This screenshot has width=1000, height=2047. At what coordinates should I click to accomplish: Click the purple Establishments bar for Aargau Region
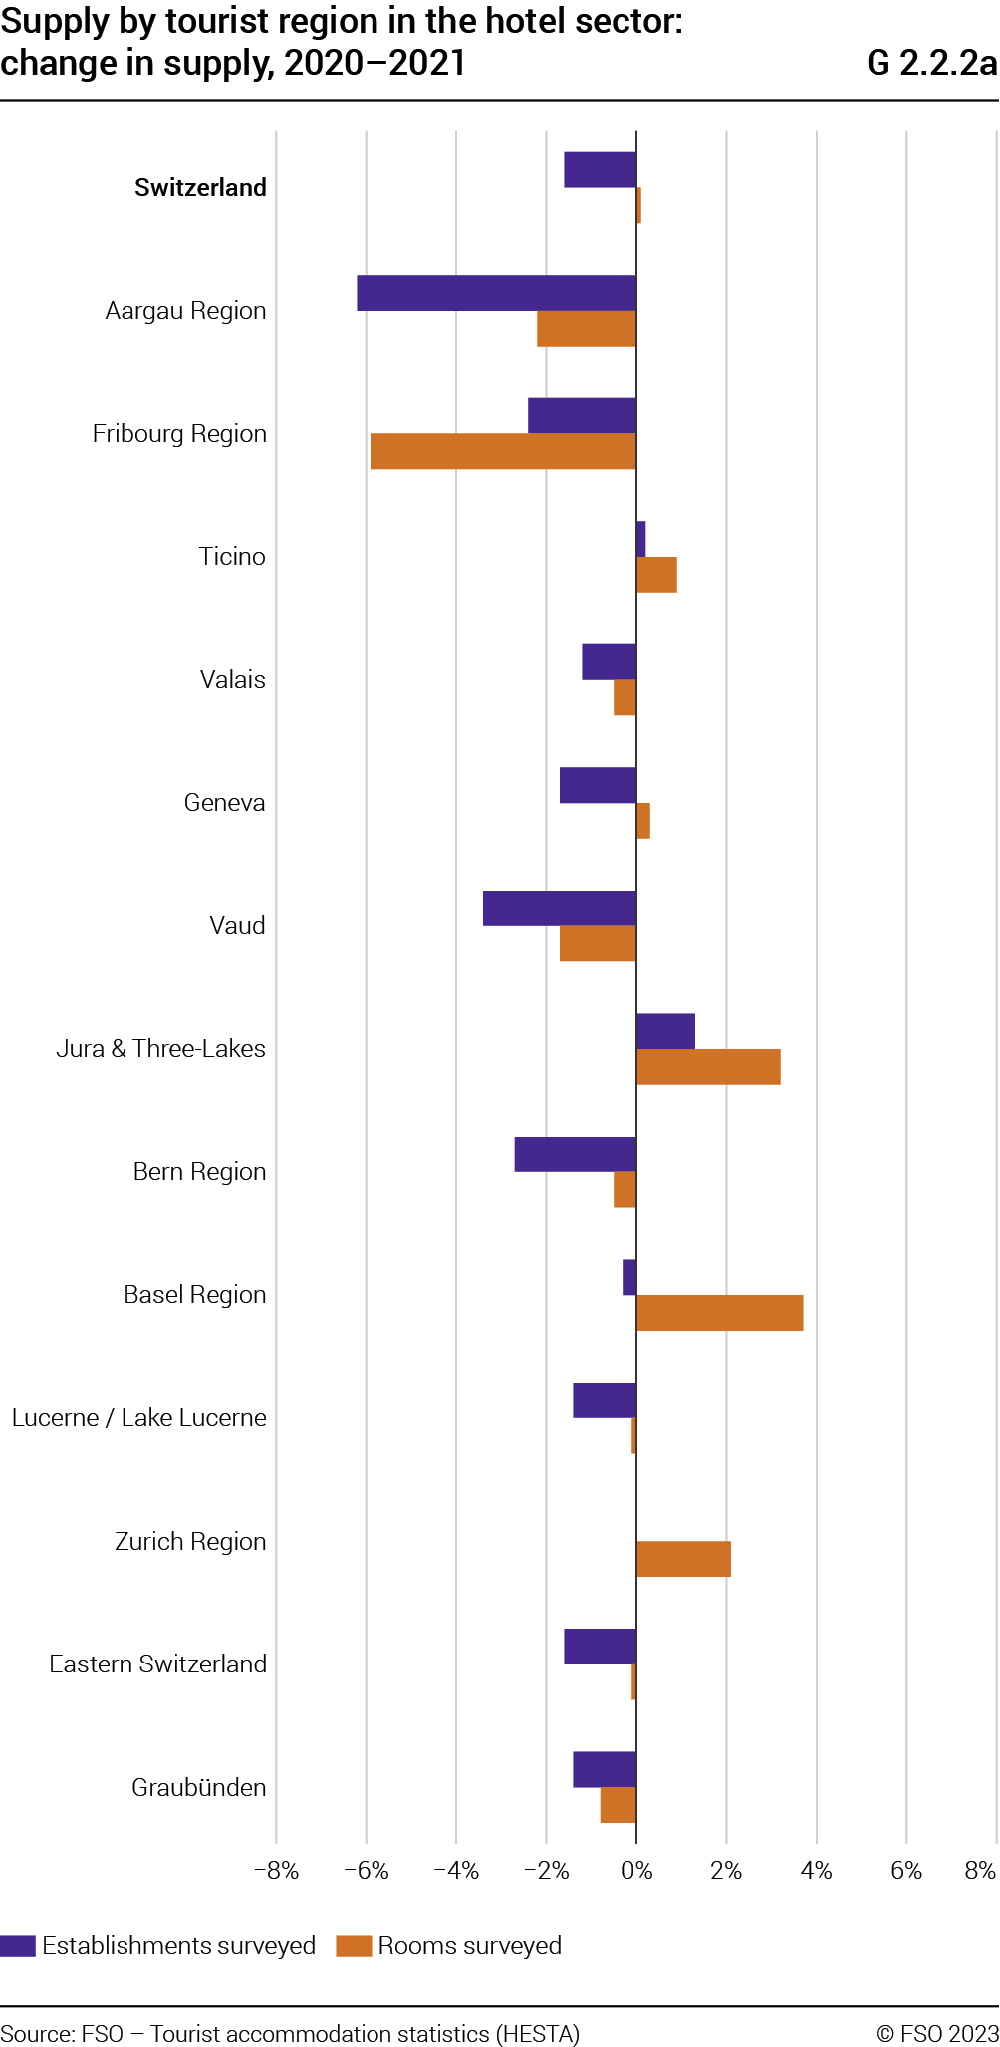496,293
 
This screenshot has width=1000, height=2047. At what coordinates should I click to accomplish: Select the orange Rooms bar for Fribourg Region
503,451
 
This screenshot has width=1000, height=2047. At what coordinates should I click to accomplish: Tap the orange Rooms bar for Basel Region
719,1313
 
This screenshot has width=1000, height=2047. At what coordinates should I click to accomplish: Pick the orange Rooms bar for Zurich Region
683,1559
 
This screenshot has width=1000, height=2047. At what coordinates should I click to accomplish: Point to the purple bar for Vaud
560,908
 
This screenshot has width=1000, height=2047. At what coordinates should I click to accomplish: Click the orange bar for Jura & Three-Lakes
708,1067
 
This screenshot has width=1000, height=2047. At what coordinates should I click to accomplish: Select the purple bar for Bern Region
576,1154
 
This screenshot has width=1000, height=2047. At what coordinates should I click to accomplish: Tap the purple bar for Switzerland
600,170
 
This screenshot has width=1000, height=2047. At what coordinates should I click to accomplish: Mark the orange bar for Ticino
656,575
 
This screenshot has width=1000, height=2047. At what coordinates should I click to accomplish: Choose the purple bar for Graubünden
605,1769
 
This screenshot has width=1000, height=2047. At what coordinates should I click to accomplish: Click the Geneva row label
225,803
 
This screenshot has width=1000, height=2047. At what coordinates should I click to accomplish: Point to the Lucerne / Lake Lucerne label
139,1418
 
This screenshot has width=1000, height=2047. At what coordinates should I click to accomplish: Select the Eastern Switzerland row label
158,1664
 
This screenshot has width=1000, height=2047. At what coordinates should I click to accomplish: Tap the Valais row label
233,680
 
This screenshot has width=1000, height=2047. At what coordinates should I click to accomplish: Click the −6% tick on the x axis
366,1871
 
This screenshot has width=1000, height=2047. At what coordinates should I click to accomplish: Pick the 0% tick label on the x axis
636,1871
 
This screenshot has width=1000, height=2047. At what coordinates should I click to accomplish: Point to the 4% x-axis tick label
816,1871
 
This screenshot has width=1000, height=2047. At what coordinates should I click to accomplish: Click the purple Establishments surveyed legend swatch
18,1946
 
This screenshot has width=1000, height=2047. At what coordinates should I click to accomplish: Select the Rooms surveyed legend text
470,1946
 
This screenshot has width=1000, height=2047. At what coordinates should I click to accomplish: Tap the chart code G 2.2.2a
931,63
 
